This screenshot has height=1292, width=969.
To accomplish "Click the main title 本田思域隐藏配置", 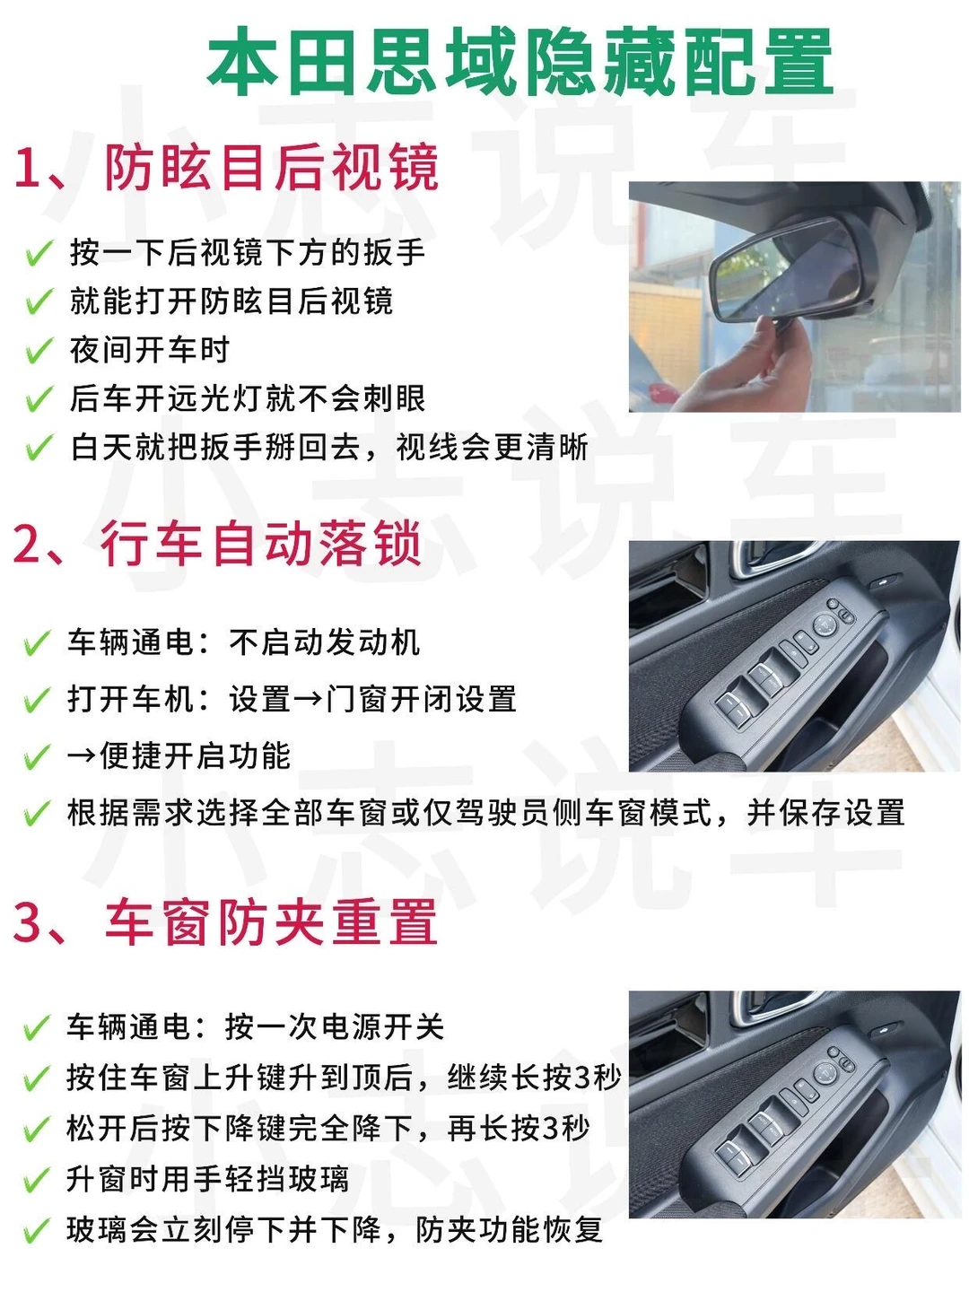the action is [520, 62].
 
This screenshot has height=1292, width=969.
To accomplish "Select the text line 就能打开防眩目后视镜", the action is [231, 301].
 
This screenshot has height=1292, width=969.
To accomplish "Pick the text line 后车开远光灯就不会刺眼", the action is [247, 398].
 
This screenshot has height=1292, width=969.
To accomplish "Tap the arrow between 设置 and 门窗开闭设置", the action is [308, 699].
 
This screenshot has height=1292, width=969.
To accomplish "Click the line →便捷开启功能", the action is [179, 755].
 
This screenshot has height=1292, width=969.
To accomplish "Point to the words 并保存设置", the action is [825, 813].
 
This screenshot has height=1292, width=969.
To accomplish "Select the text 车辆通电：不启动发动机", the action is [243, 642].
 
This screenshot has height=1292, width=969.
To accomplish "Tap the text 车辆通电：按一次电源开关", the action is [255, 1027].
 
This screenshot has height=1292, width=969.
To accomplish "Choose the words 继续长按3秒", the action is [534, 1078].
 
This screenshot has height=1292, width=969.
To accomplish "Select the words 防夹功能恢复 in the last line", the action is [509, 1228].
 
